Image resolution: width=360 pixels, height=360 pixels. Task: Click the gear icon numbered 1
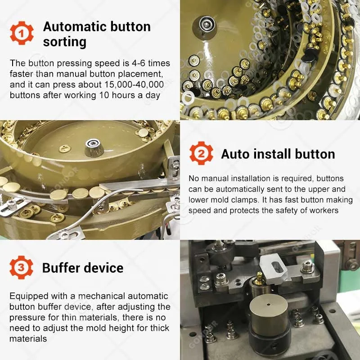click(x=22, y=34)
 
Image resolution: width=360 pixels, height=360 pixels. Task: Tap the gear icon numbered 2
click(x=201, y=153)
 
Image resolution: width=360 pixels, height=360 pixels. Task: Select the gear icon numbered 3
click(x=22, y=267)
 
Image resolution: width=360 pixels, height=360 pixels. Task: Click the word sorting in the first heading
click(x=64, y=42)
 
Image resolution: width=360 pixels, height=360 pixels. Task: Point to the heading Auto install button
click(x=278, y=154)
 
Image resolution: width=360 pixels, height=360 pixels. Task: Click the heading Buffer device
click(x=82, y=268)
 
